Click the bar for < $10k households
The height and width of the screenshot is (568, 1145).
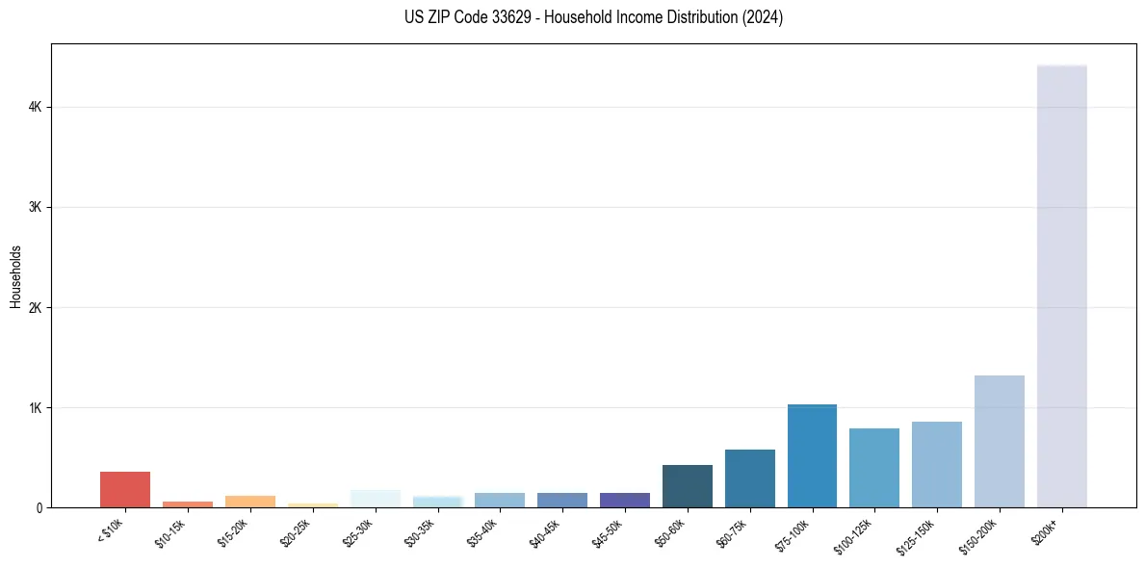(x=125, y=489)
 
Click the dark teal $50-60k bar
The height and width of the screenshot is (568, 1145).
(x=687, y=486)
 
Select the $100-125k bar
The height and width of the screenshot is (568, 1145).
(x=874, y=468)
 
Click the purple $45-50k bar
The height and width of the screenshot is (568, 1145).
(x=624, y=500)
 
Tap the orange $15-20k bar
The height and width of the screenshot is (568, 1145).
(x=249, y=502)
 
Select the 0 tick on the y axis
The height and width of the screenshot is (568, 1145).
(x=39, y=507)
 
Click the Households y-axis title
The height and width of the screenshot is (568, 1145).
(x=15, y=275)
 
